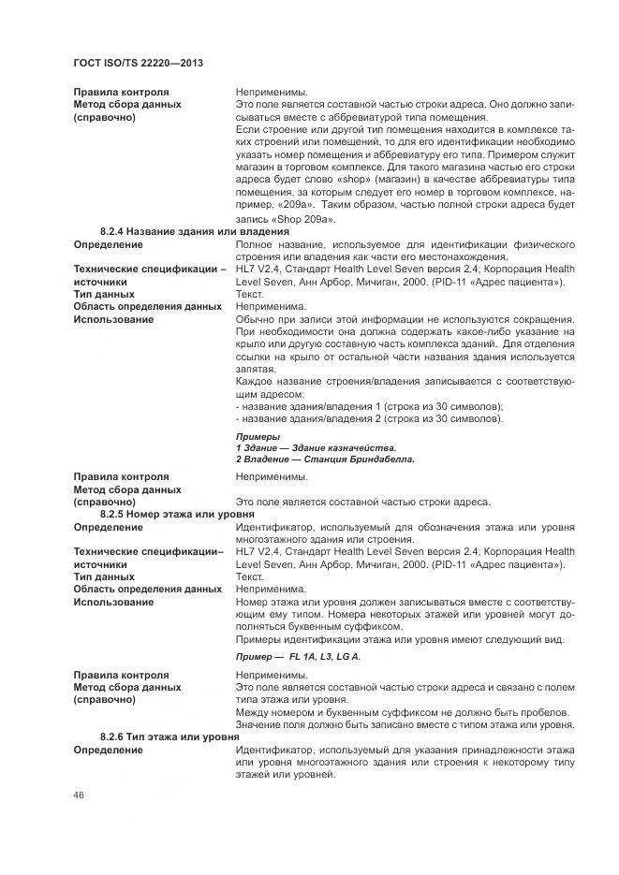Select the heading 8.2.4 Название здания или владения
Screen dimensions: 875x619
click(195, 231)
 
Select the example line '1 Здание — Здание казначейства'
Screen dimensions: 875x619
click(316, 447)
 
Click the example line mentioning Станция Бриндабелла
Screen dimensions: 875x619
click(325, 459)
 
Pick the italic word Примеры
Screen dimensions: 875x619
click(258, 436)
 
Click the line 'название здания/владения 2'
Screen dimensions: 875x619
click(369, 418)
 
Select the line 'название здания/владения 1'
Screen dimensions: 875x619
click(369, 406)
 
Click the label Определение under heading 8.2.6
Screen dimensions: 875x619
click(108, 751)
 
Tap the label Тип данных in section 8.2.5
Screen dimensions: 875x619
click(104, 577)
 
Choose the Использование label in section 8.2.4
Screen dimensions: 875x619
click(113, 319)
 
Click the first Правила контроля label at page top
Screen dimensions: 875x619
click(121, 93)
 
